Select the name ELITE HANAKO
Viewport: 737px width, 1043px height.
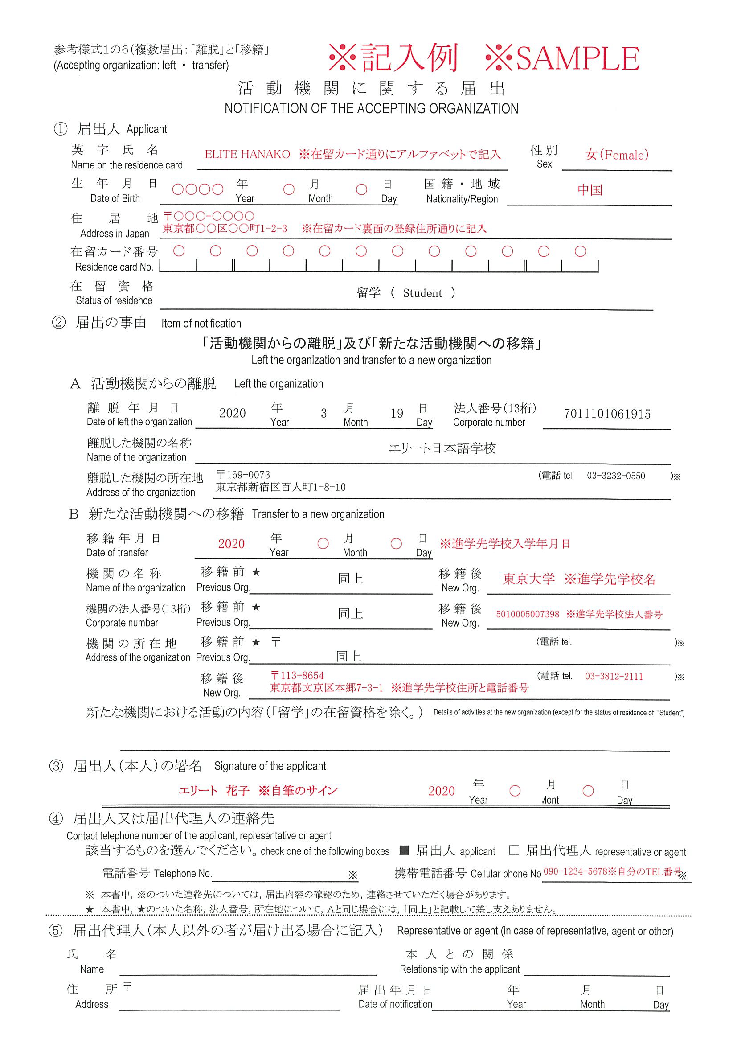click(x=247, y=155)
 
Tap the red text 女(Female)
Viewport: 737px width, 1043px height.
click(x=617, y=155)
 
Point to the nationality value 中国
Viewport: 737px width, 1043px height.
click(x=590, y=190)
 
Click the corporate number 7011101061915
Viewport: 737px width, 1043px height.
click(x=607, y=414)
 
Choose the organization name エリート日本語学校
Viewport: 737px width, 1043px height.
click(x=442, y=448)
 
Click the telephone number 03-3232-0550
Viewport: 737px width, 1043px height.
click(x=616, y=476)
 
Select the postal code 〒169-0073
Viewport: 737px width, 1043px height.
click(x=243, y=475)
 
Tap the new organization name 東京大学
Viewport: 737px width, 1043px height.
click(x=528, y=579)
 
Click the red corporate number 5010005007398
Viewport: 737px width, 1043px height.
click(x=527, y=614)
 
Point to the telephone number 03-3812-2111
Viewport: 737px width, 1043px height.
click(x=614, y=677)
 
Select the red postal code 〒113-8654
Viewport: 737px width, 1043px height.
click(x=298, y=675)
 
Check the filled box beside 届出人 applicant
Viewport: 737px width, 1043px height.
click(x=405, y=850)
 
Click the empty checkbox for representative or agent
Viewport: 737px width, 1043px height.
click(x=514, y=850)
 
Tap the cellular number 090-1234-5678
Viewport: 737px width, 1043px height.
click(x=575, y=871)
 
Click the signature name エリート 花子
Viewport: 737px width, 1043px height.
click(x=214, y=791)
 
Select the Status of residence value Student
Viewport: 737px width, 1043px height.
click(x=422, y=293)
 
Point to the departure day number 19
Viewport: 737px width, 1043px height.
click(x=397, y=413)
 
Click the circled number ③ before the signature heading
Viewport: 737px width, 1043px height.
click(x=56, y=766)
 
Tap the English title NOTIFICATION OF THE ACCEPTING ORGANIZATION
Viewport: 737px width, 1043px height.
click(x=371, y=109)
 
